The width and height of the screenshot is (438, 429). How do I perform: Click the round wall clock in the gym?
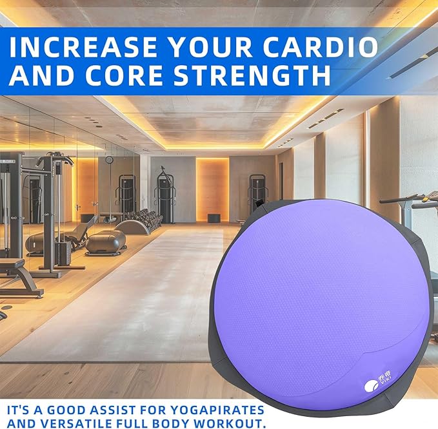[x=110, y=160]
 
